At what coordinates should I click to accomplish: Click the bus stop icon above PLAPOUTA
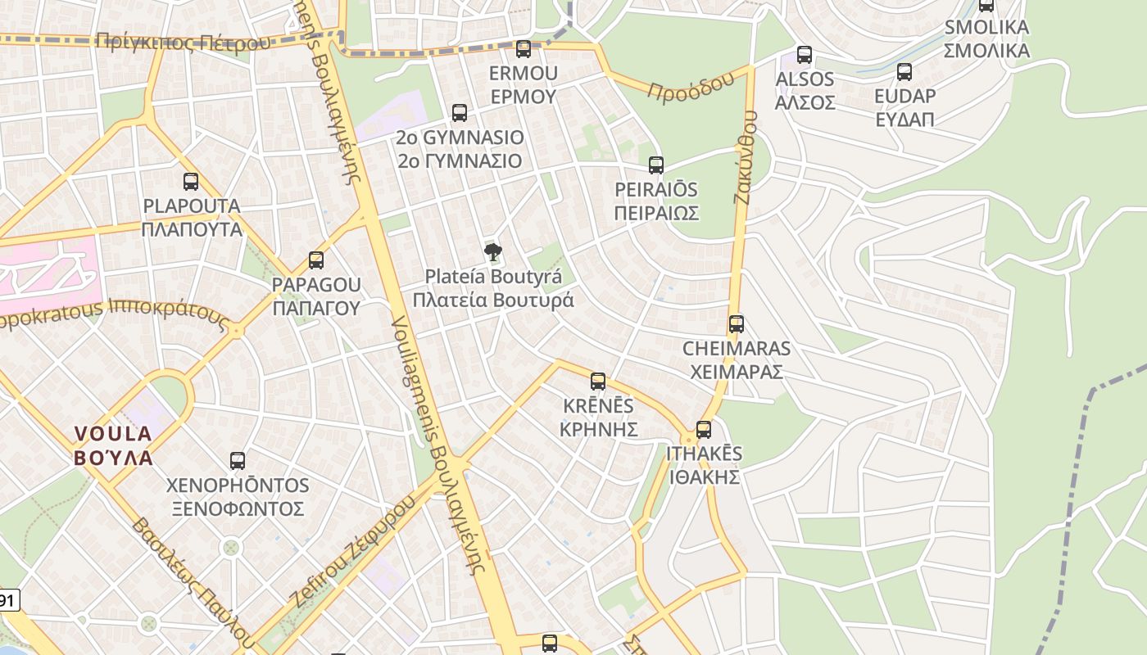pyautogui.click(x=191, y=182)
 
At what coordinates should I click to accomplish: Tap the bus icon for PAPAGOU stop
pyautogui.click(x=316, y=261)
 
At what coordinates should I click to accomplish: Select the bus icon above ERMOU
pyautogui.click(x=524, y=49)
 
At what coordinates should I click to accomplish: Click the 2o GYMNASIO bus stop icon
pyautogui.click(x=460, y=113)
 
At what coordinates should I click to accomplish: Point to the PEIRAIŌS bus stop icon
pyautogui.click(x=656, y=165)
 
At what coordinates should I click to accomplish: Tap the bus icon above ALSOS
pyautogui.click(x=805, y=55)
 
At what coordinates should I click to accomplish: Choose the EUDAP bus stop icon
pyautogui.click(x=904, y=72)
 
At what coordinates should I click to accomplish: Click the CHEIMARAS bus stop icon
pyautogui.click(x=737, y=324)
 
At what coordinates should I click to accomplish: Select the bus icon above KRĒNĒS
pyautogui.click(x=598, y=382)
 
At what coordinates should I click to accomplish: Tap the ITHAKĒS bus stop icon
pyautogui.click(x=703, y=430)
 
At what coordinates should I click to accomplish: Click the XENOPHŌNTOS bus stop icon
pyautogui.click(x=238, y=461)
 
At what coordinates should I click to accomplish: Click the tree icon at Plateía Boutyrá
pyautogui.click(x=492, y=252)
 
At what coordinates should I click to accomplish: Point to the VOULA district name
pyautogui.click(x=114, y=445)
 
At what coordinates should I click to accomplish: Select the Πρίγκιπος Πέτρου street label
pyautogui.click(x=182, y=42)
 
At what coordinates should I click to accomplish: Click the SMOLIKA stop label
pyautogui.click(x=986, y=27)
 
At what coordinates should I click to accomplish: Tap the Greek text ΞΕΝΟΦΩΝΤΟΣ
pyautogui.click(x=238, y=508)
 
